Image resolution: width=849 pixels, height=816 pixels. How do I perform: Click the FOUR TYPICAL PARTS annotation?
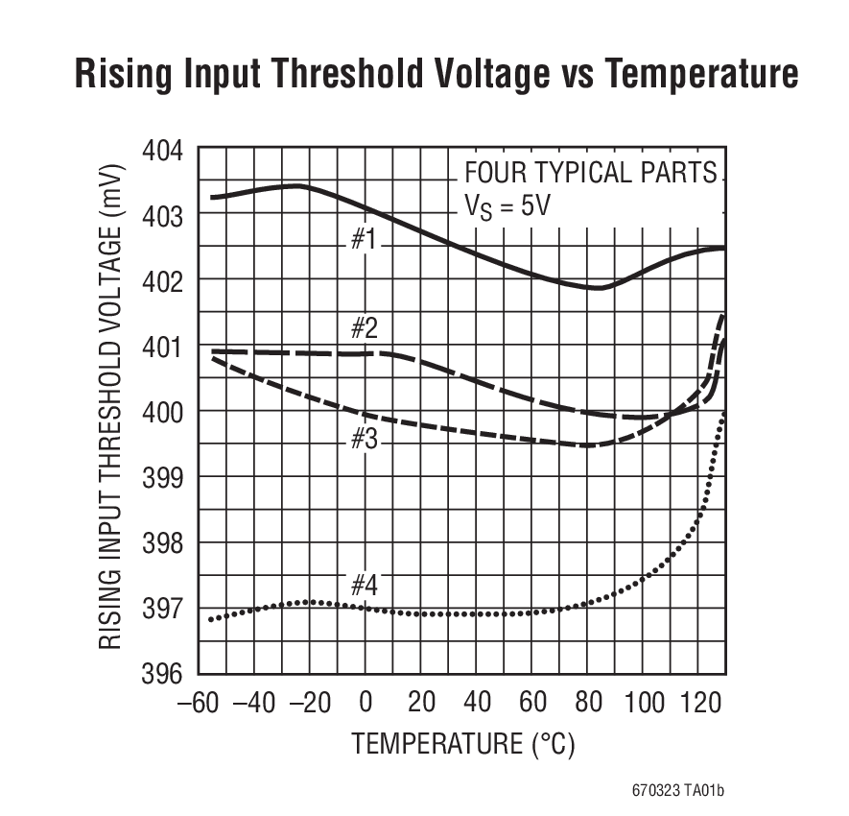(x=590, y=173)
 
